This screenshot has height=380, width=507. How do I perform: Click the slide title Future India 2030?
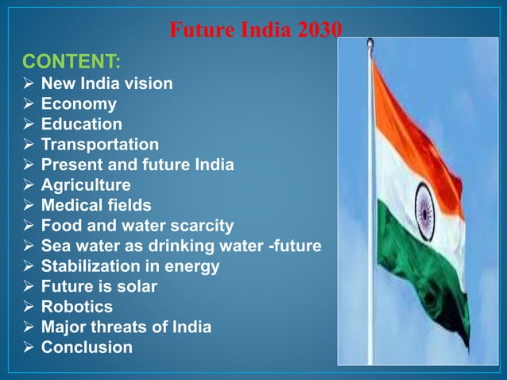tap(256, 30)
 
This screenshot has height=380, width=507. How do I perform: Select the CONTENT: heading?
tap(72, 61)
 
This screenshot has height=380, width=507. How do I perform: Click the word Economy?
tap(79, 103)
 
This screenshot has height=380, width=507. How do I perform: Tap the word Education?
tap(82, 124)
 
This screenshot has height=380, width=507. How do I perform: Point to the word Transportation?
tap(99, 144)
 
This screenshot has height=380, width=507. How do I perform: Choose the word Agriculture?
tap(86, 185)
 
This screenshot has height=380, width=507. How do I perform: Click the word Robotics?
tap(77, 306)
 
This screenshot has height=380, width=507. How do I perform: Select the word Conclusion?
tap(87, 347)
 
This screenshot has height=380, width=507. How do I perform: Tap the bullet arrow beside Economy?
tap(27, 103)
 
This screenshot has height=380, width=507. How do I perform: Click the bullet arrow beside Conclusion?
tap(27, 347)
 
